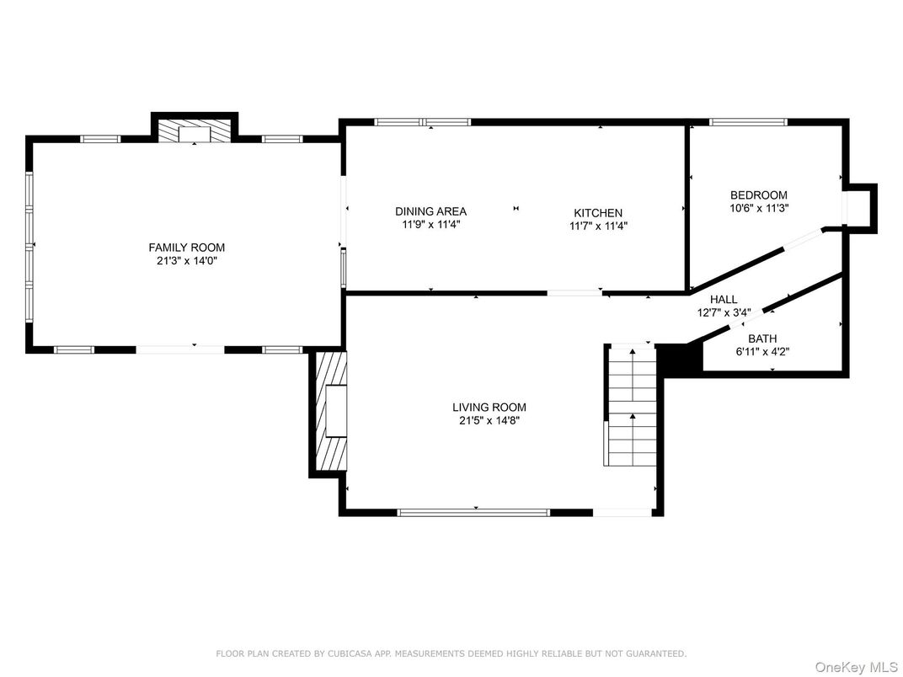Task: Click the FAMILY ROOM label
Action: click(x=186, y=248)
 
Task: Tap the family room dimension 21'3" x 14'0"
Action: click(x=186, y=261)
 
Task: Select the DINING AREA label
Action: click(x=430, y=211)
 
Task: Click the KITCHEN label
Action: click(x=598, y=213)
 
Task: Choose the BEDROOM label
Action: click(x=758, y=195)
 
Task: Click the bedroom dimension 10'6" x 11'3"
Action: click(x=758, y=208)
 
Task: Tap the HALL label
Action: click(x=723, y=299)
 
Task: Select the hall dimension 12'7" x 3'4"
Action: click(x=723, y=312)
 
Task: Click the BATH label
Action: click(x=762, y=338)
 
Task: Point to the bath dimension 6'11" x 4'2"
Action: click(x=762, y=351)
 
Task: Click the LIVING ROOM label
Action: click(x=489, y=408)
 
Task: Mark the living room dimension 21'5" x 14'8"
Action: click(x=489, y=421)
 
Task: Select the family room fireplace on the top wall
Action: click(x=195, y=131)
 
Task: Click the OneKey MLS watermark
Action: click(x=856, y=667)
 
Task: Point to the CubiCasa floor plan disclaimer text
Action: click(x=451, y=653)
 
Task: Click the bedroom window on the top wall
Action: click(x=748, y=122)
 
